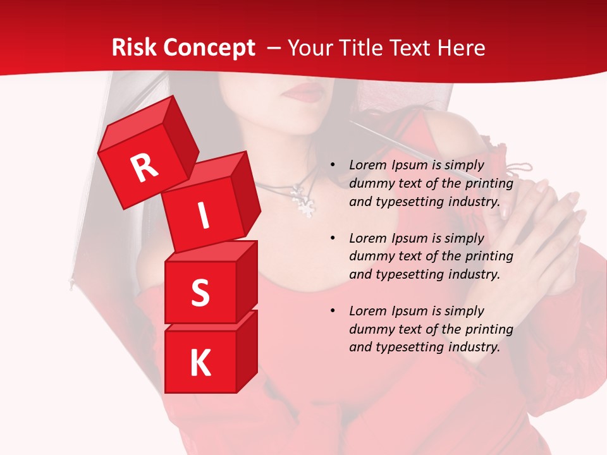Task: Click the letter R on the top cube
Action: click(145, 167)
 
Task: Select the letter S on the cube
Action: click(200, 293)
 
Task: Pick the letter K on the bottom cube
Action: click(200, 363)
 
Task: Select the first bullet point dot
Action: click(333, 165)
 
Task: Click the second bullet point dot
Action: click(333, 238)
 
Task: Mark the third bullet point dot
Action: click(333, 311)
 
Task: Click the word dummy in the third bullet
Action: click(369, 329)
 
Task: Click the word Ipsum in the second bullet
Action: click(408, 238)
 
